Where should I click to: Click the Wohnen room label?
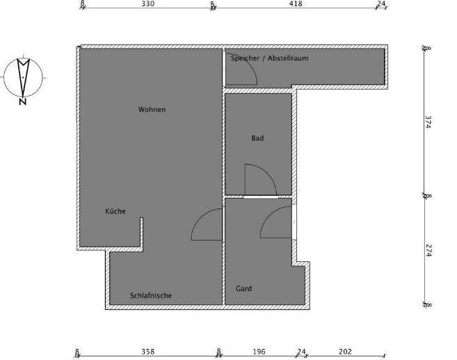[x=152, y=110]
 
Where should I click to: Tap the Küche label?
[x=115, y=211]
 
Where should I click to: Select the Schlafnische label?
[x=151, y=295]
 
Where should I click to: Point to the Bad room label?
[x=257, y=138]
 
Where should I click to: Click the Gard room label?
[x=243, y=288]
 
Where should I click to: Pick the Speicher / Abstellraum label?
[x=269, y=58]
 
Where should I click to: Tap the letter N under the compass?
[x=23, y=101]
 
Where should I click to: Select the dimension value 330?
[x=147, y=3]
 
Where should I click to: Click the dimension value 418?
[x=295, y=3]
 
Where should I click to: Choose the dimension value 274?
[x=428, y=251]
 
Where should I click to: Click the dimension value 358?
[x=147, y=351]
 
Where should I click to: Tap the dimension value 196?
[x=259, y=351]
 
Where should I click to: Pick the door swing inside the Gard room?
[x=277, y=224]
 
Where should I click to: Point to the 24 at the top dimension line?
[x=380, y=3]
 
